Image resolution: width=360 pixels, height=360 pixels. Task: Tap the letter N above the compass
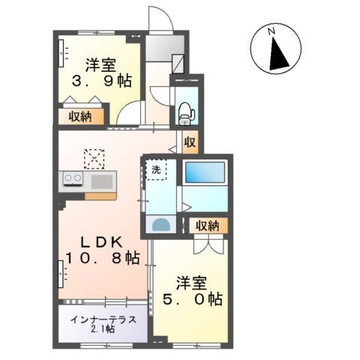(x=274, y=31)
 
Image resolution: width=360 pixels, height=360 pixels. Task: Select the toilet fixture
(x=185, y=111)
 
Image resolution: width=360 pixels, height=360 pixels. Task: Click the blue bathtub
(x=205, y=172)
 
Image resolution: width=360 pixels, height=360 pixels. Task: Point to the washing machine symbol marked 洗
(x=156, y=170)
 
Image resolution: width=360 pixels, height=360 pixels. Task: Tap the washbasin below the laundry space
(x=160, y=224)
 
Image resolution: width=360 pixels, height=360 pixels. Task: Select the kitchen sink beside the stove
(x=101, y=181)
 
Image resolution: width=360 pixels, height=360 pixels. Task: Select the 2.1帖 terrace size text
(x=102, y=329)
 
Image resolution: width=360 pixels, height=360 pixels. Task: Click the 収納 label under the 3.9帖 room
(x=82, y=115)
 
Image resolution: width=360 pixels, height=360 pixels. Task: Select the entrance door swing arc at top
(x=160, y=18)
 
